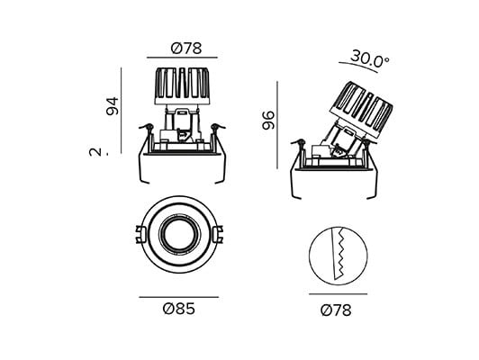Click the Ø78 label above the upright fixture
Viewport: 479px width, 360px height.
186,49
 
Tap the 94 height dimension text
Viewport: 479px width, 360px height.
113,106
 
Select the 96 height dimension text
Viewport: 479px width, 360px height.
269,121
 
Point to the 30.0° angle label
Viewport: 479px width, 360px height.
370,59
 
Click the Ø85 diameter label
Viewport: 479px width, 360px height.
179,309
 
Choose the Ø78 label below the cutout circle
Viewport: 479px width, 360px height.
336,310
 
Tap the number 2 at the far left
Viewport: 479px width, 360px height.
95,152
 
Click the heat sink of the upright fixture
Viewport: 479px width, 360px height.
182,86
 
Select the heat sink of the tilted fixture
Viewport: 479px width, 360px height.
360,109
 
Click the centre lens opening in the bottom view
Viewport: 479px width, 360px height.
179,236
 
